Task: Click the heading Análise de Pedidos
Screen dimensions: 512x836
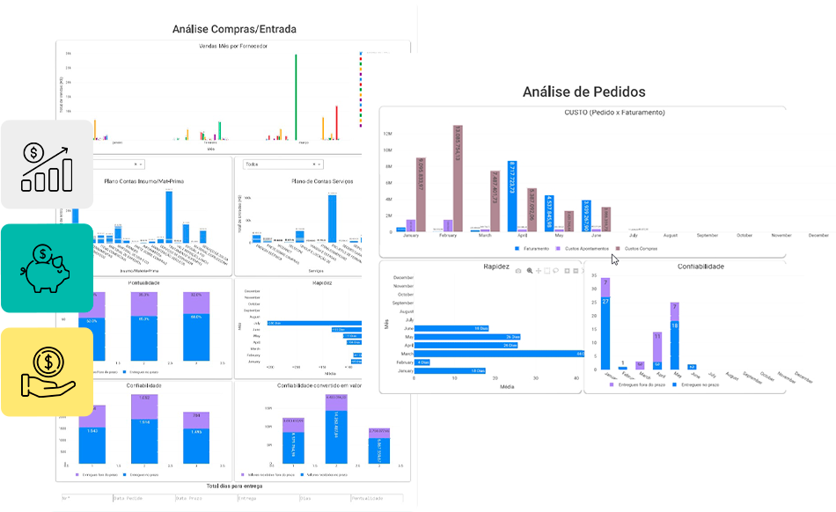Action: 583,91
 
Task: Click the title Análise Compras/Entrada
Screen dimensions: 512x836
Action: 234,29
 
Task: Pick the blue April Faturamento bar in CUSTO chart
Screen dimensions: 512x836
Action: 511,195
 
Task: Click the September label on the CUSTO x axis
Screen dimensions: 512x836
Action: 708,236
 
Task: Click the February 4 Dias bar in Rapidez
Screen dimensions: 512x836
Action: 422,362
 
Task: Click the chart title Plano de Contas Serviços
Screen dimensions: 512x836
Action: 326,181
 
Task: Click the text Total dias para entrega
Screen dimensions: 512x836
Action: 234,486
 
